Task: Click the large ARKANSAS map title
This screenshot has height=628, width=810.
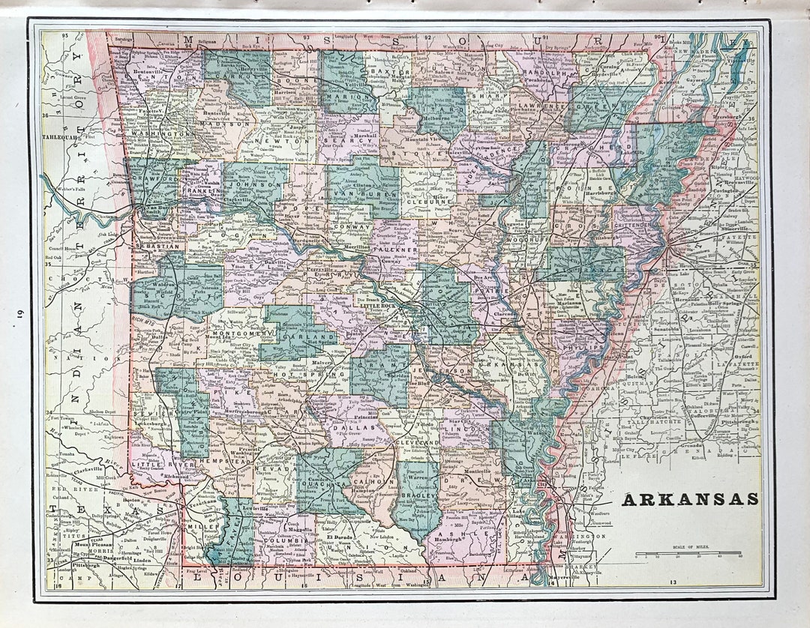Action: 689,499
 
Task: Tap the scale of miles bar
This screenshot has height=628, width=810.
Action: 689,555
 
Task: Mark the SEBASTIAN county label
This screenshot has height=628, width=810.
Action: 156,245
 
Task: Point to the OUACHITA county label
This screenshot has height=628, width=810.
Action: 323,483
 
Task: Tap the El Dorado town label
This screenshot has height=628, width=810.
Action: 339,537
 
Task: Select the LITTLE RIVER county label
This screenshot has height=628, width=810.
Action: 154,465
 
